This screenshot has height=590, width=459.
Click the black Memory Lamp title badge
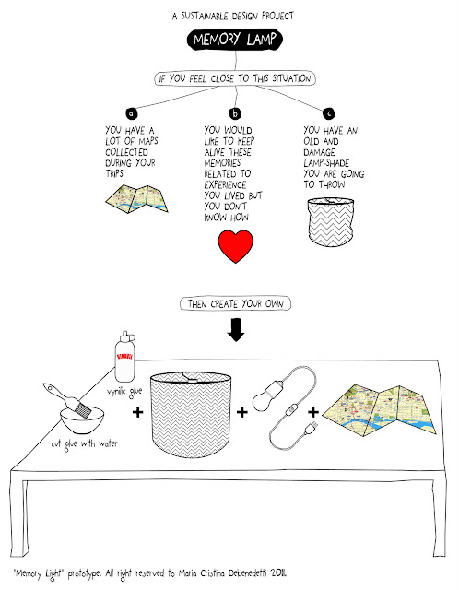click(234, 40)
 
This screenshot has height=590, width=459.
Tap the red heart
click(236, 246)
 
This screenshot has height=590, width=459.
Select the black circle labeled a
click(131, 112)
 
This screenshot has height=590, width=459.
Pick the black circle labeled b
click(235, 113)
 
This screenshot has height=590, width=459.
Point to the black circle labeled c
click(328, 113)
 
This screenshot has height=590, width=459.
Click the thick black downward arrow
click(236, 330)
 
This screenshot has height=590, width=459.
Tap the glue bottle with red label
click(124, 357)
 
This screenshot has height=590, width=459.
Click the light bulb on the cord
click(265, 396)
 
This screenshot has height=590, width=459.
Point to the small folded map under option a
click(136, 198)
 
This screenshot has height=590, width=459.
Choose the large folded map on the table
click(379, 410)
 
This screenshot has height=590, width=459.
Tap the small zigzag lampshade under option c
click(331, 222)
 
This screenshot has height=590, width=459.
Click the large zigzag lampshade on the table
click(191, 414)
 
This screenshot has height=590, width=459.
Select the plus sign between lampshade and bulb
click(241, 412)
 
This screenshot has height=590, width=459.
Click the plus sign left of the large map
click(313, 412)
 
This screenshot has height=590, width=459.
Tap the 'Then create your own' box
click(236, 303)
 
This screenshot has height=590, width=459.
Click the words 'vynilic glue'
click(124, 392)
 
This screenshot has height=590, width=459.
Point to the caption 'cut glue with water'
click(85, 444)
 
